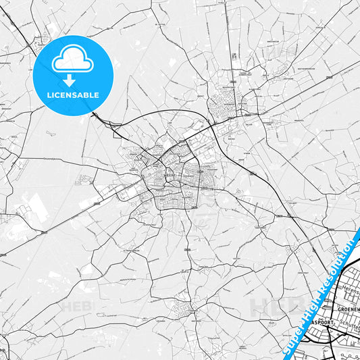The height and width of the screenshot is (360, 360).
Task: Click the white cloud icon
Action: point(72,60)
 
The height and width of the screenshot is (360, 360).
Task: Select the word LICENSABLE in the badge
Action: point(72,95)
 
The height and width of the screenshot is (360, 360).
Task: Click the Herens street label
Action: point(349,287)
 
